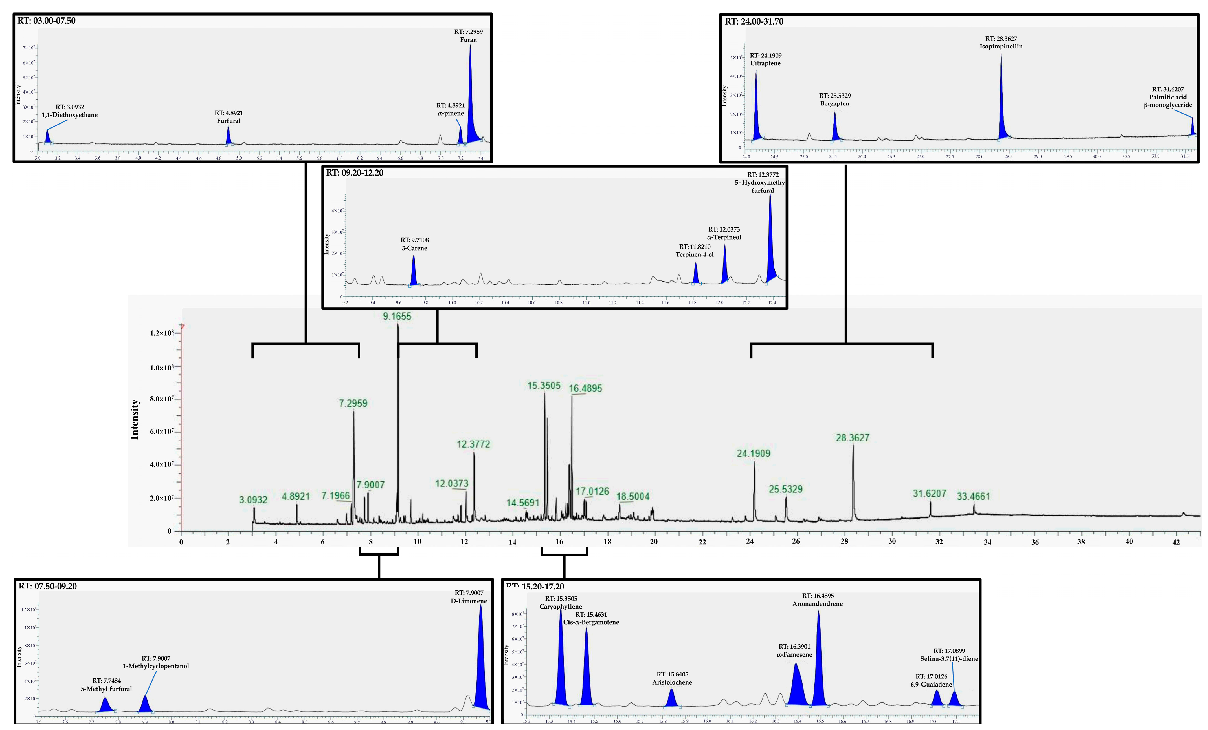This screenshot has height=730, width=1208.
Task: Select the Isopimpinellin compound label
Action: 1001,47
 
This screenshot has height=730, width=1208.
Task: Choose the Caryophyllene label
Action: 561,607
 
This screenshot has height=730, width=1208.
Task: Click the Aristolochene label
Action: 672,682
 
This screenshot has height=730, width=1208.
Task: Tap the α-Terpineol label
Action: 724,237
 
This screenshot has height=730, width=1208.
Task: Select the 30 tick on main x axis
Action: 892,541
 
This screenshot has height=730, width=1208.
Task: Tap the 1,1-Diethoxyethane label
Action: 70,115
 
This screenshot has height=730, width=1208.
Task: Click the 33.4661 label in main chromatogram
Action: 974,496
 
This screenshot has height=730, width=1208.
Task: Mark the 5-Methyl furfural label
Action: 106,689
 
